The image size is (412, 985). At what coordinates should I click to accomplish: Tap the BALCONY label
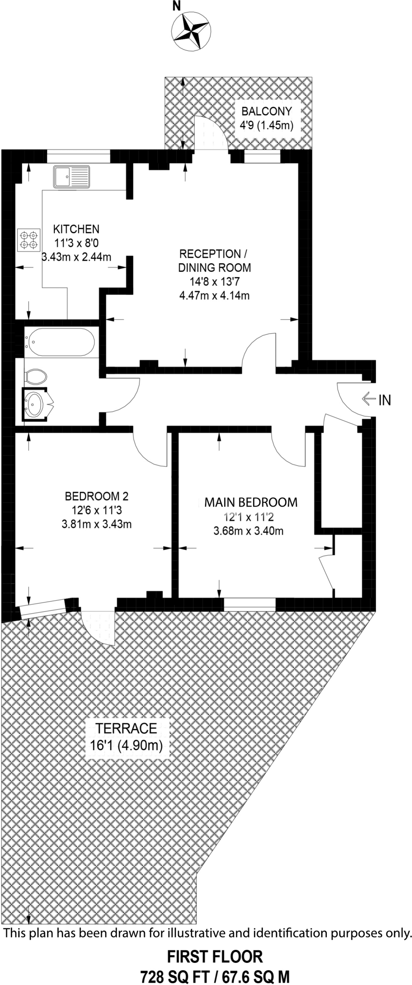(x=266, y=112)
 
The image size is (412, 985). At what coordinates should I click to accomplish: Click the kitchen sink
(x=72, y=177)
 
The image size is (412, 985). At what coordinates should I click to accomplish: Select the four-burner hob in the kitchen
(x=28, y=240)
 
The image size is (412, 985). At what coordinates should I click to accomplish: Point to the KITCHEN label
(x=76, y=229)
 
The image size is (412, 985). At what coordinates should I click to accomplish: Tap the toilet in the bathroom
(x=36, y=376)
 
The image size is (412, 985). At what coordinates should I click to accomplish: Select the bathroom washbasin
(x=35, y=404)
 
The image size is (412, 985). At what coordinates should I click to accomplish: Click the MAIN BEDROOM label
(x=251, y=503)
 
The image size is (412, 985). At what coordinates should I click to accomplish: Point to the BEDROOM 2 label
(x=97, y=496)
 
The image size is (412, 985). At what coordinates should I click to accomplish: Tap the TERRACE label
(x=126, y=728)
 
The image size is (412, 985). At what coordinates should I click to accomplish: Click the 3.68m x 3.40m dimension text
(x=248, y=531)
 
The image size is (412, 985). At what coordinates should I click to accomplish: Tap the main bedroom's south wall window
(x=250, y=604)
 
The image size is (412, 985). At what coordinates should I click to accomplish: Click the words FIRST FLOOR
(x=215, y=957)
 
